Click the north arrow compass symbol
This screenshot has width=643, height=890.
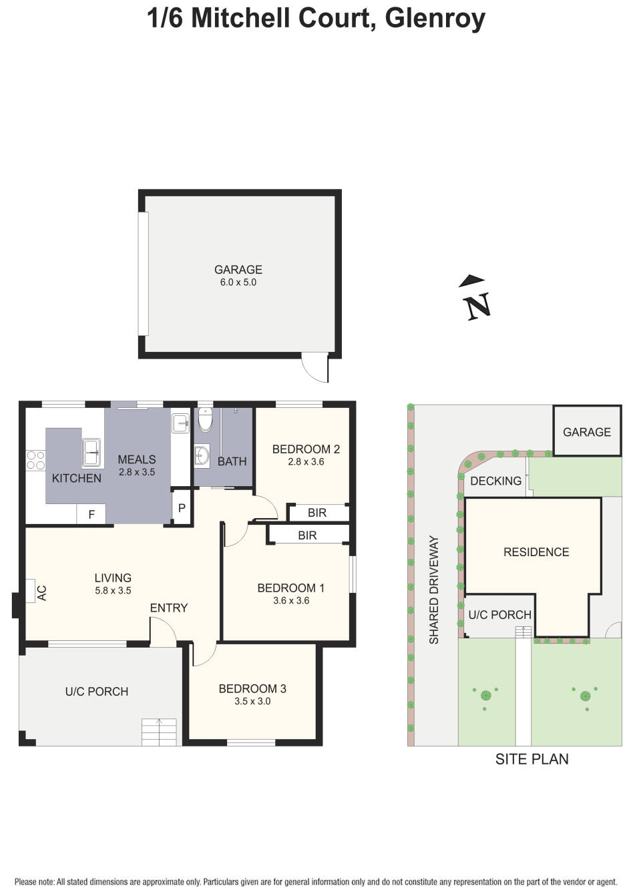pyautogui.click(x=476, y=298)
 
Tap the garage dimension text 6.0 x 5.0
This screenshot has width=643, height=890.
pyautogui.click(x=238, y=282)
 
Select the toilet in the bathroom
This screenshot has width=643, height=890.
pyautogui.click(x=206, y=420)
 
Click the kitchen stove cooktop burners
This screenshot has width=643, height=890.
pyautogui.click(x=35, y=460)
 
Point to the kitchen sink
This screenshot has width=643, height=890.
pyautogui.click(x=91, y=452)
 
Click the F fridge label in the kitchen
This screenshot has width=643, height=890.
pyautogui.click(x=91, y=515)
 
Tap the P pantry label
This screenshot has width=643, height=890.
pyautogui.click(x=182, y=509)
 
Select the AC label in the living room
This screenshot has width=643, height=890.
pyautogui.click(x=41, y=593)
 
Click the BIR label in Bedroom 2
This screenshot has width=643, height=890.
pyautogui.click(x=317, y=513)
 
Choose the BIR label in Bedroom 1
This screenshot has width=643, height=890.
pyautogui.click(x=307, y=535)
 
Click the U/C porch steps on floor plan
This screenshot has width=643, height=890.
pyautogui.click(x=159, y=732)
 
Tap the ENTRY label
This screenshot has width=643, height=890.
pyautogui.click(x=168, y=608)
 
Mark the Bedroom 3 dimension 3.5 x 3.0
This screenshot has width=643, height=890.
pyautogui.click(x=252, y=701)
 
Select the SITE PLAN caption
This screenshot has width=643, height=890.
pyautogui.click(x=531, y=759)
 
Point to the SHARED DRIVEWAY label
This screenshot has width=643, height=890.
pyautogui.click(x=434, y=590)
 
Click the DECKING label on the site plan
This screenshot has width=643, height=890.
pyautogui.click(x=495, y=481)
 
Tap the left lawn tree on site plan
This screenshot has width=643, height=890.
pyautogui.click(x=485, y=695)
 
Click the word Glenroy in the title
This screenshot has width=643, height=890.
pyautogui.click(x=435, y=18)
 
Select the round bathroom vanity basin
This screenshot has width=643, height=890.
pyautogui.click(x=202, y=455)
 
